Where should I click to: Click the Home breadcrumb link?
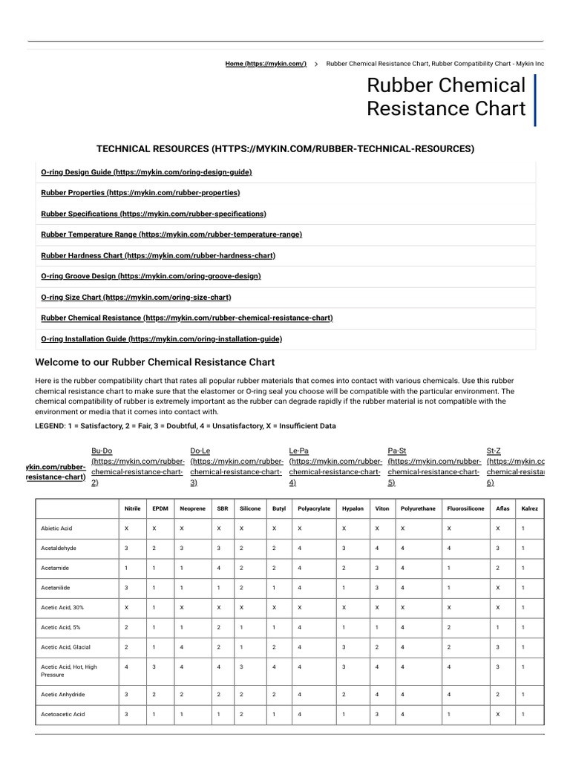(x=266, y=64)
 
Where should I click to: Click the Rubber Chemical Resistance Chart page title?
(x=445, y=97)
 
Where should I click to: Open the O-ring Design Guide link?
(x=146, y=172)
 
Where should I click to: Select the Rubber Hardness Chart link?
(x=158, y=255)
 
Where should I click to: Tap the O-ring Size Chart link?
(x=136, y=297)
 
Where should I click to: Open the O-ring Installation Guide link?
(x=161, y=338)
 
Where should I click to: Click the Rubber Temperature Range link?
(x=171, y=235)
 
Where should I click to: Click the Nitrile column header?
(x=133, y=508)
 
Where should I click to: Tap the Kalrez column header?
(x=530, y=508)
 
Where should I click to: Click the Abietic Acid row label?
(x=56, y=528)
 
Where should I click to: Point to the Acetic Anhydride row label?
(x=62, y=694)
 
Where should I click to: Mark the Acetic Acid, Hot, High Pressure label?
(x=69, y=671)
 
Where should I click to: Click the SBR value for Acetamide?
(x=219, y=568)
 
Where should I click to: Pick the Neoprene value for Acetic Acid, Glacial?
(x=182, y=647)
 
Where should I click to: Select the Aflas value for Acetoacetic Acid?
(x=498, y=714)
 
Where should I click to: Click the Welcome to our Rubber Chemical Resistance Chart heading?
(x=154, y=362)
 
